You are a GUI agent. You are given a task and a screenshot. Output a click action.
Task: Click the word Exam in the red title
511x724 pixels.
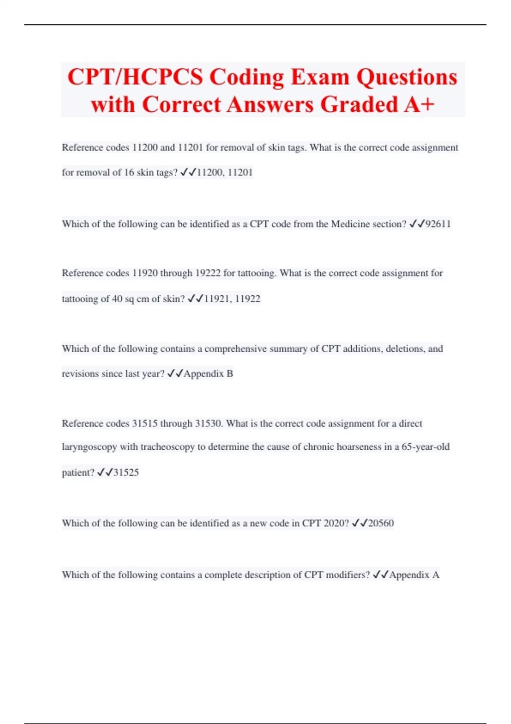coord(320,78)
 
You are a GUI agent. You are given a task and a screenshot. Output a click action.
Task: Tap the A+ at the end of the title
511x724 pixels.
coord(419,104)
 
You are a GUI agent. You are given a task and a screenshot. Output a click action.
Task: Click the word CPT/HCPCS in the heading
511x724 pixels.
coord(135,78)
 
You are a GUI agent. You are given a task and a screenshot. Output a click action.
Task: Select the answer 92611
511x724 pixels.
coord(438,224)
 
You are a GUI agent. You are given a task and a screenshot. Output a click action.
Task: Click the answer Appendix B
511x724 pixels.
coord(208,374)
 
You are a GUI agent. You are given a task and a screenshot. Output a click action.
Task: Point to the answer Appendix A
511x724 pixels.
coord(414,575)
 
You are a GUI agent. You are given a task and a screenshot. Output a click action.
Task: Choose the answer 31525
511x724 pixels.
coord(126,473)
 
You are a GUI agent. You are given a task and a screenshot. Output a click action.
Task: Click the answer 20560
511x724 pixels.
coord(381,523)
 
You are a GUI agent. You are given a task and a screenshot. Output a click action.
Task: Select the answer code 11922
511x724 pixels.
coord(247,299)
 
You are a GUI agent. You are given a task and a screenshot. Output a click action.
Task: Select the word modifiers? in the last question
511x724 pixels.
coord(347,575)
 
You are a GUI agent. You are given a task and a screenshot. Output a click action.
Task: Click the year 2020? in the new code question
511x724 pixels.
coord(336,523)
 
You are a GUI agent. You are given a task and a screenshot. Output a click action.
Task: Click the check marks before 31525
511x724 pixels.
coord(104,472)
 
